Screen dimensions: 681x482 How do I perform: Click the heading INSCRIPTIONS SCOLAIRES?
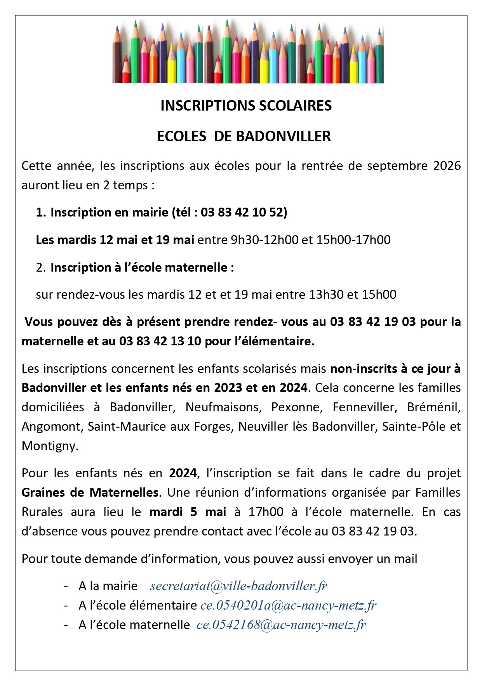(246, 106)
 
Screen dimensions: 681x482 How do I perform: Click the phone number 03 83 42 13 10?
(160, 341)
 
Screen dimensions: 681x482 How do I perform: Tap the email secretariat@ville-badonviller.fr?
(238, 586)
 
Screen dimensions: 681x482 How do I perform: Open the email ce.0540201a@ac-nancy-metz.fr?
(288, 605)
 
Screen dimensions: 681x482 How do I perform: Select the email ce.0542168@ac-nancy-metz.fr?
(281, 624)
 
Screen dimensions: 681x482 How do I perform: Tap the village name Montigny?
(50, 446)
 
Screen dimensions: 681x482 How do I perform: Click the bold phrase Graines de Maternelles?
(90, 492)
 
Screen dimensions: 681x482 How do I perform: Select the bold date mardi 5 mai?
(188, 512)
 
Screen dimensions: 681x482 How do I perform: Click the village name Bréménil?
(433, 407)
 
